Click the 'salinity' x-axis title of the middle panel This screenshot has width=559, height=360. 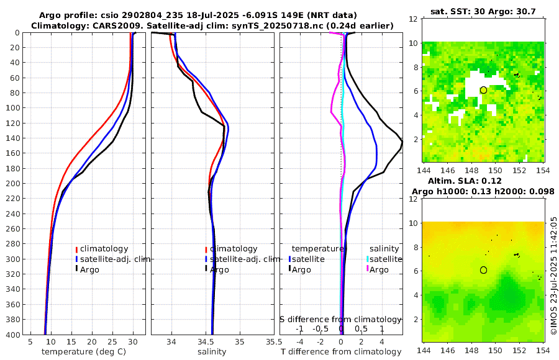click(211, 352)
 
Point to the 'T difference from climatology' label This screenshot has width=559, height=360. click(341, 352)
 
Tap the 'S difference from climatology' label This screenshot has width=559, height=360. click(340, 318)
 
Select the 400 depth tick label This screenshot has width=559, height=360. click(12, 335)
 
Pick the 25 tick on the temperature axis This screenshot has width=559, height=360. click(112, 341)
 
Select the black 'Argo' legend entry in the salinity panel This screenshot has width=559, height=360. click(219, 270)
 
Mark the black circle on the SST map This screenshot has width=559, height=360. click(483, 90)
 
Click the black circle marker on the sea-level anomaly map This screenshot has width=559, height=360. click(483, 270)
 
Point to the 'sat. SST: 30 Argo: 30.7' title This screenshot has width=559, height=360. click(483, 11)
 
